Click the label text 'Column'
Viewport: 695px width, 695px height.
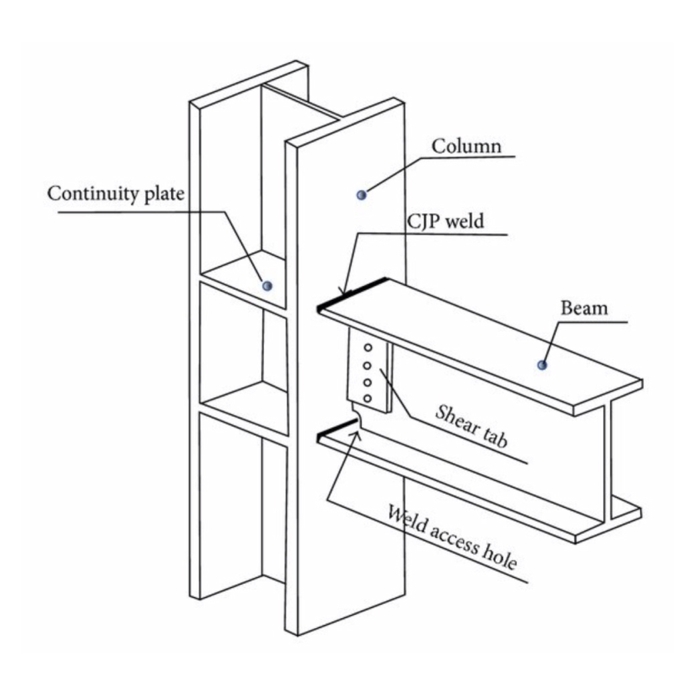pyautogui.click(x=466, y=146)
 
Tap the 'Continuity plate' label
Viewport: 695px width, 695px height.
pyautogui.click(x=115, y=194)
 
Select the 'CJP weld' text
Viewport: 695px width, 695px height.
pyautogui.click(x=444, y=222)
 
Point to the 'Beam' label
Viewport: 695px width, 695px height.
pyautogui.click(x=584, y=308)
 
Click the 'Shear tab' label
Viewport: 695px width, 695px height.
pyautogui.click(x=472, y=425)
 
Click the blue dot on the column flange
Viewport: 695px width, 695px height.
pyautogui.click(x=362, y=194)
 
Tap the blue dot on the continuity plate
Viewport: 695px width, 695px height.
pyautogui.click(x=267, y=285)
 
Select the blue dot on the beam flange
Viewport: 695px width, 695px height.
pyautogui.click(x=543, y=365)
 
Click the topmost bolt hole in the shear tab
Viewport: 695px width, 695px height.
pyautogui.click(x=368, y=348)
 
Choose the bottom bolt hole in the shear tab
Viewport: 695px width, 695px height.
pyautogui.click(x=368, y=398)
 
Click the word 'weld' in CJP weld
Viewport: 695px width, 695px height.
pyautogui.click(x=464, y=222)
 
